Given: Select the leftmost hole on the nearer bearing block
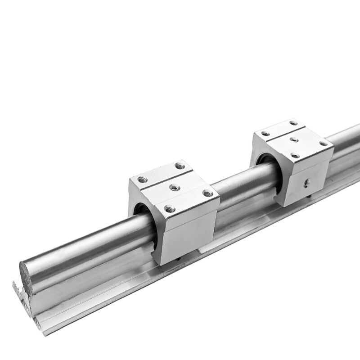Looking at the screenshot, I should tap(142, 180).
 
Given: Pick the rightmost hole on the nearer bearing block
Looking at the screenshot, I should tap(207, 193).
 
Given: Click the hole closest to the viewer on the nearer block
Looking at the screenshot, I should tap(169, 208).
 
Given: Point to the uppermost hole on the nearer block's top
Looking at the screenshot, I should tap(180, 166).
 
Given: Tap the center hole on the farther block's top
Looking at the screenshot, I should tap(294, 139).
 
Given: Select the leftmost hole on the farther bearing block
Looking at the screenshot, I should tap(265, 133).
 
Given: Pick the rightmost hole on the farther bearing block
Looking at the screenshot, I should tap(323, 144).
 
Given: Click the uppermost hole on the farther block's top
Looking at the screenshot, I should tap(293, 123).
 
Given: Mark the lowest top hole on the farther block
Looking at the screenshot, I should tap(295, 155).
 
